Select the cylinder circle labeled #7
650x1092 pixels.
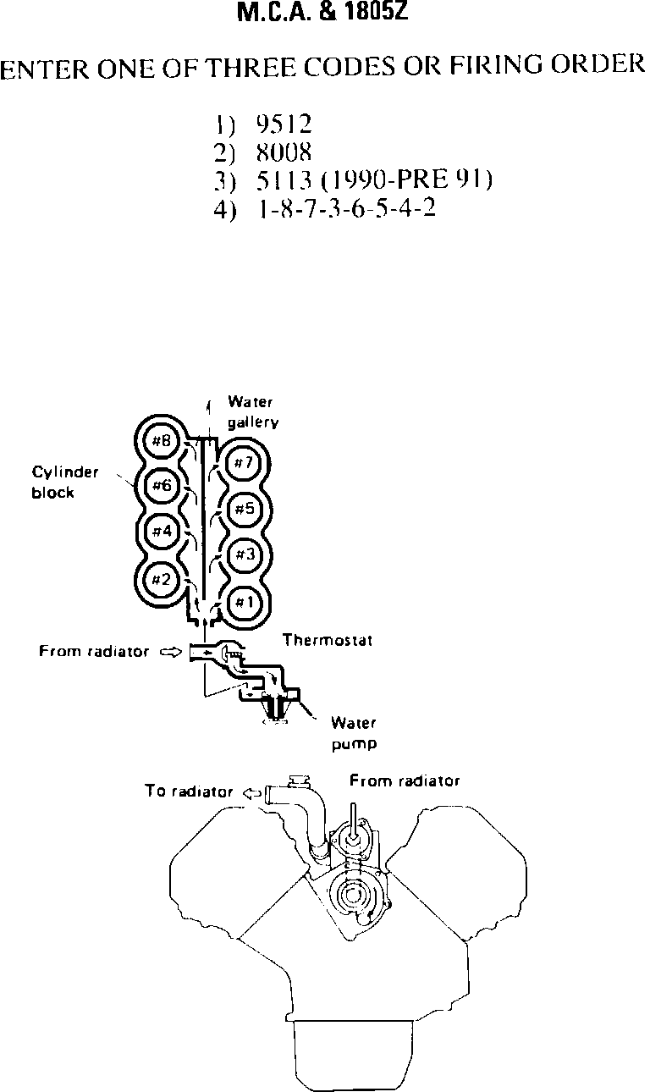[244, 463]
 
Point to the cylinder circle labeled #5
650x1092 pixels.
[244, 509]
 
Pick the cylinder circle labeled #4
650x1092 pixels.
[161, 532]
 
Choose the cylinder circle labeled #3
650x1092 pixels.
[244, 554]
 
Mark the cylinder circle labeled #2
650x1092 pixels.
[161, 579]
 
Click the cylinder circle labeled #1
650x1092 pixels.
[244, 602]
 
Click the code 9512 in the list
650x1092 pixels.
[284, 125]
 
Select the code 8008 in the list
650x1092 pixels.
[284, 153]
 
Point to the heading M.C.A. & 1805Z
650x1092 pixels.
[325, 14]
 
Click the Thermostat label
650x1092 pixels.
[328, 641]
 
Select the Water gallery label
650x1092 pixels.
[251, 412]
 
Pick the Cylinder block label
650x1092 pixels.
[65, 483]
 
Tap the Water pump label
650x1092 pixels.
[354, 734]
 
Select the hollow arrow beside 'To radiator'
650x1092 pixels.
[251, 793]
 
